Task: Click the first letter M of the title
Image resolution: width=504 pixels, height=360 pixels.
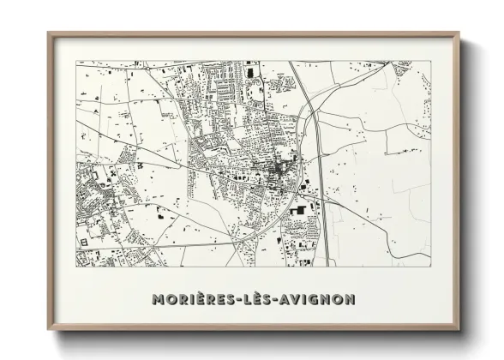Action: click(x=157, y=300)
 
